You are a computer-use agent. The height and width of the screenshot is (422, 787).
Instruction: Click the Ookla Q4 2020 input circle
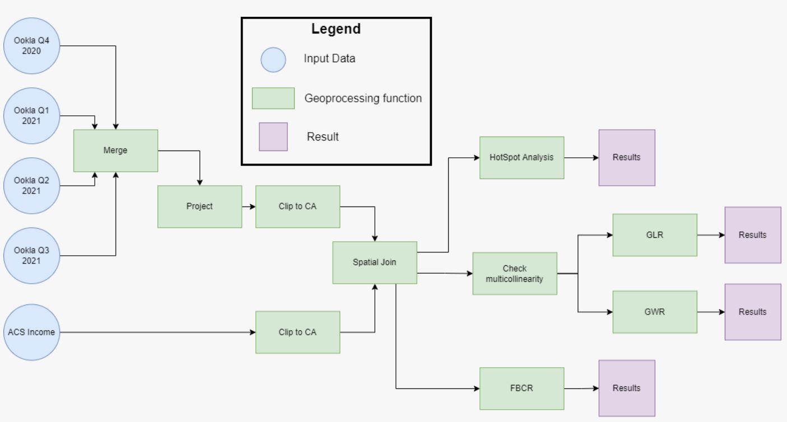(x=31, y=45)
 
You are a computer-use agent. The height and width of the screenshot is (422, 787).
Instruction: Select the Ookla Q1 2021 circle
(x=31, y=115)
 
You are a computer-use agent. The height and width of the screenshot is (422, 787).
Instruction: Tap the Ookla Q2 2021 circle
(x=31, y=185)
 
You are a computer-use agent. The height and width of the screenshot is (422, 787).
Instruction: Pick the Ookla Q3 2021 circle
(x=31, y=256)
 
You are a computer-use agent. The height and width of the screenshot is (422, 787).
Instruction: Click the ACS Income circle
(x=31, y=332)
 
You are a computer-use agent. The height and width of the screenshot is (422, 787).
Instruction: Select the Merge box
(x=115, y=151)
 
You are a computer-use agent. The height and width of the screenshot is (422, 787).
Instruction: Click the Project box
(x=199, y=207)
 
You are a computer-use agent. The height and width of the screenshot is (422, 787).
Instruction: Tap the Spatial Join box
(x=375, y=262)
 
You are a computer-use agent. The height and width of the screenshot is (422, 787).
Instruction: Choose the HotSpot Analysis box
(x=521, y=157)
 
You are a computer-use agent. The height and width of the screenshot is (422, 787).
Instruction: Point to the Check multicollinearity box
(x=515, y=273)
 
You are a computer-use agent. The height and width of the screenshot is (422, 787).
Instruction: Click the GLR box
(x=655, y=235)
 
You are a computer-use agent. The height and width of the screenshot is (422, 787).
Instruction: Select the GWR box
(x=655, y=312)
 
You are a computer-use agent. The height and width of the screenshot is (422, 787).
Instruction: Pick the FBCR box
(x=521, y=388)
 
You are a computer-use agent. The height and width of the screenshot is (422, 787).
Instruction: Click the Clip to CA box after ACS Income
(x=297, y=332)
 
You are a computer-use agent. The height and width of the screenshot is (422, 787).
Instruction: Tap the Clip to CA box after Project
(x=297, y=207)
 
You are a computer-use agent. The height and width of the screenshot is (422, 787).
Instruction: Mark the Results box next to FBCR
(x=626, y=388)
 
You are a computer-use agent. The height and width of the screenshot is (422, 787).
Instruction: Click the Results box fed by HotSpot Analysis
(x=626, y=157)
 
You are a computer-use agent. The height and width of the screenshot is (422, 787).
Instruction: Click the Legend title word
(x=336, y=29)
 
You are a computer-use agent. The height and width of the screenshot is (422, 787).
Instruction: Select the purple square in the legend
(x=273, y=137)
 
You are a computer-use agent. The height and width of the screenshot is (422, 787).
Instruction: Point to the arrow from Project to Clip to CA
(x=249, y=207)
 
